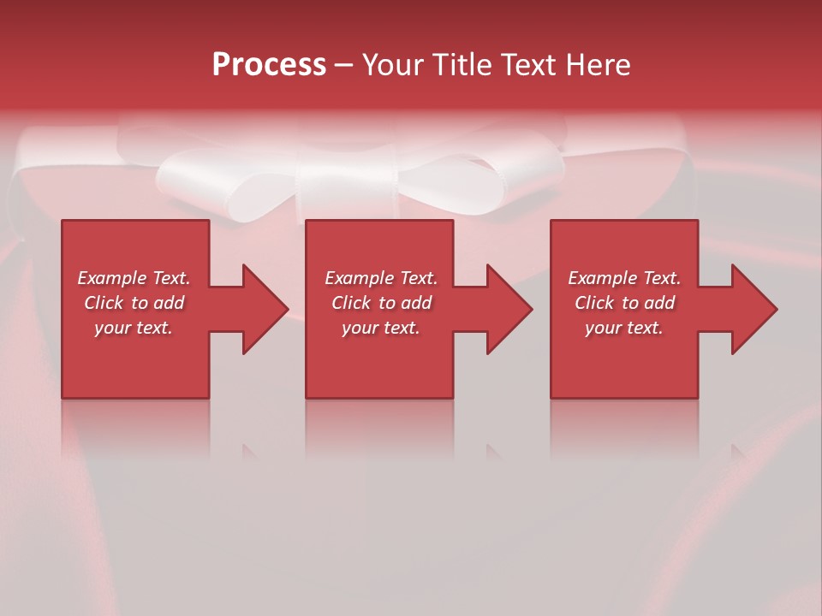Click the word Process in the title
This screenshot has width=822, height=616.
[269, 65]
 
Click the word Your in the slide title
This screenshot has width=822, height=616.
[393, 65]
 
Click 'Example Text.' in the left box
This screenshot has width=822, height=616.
[134, 278]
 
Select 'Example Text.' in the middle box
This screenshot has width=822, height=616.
[381, 278]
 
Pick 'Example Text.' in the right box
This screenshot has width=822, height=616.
[624, 278]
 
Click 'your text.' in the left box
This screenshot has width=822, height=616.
[134, 328]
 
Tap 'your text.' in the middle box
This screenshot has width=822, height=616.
[381, 328]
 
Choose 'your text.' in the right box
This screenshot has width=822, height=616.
[624, 328]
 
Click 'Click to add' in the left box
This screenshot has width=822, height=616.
[134, 303]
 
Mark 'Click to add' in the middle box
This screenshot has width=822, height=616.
[381, 303]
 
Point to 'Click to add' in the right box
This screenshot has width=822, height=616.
[624, 303]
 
